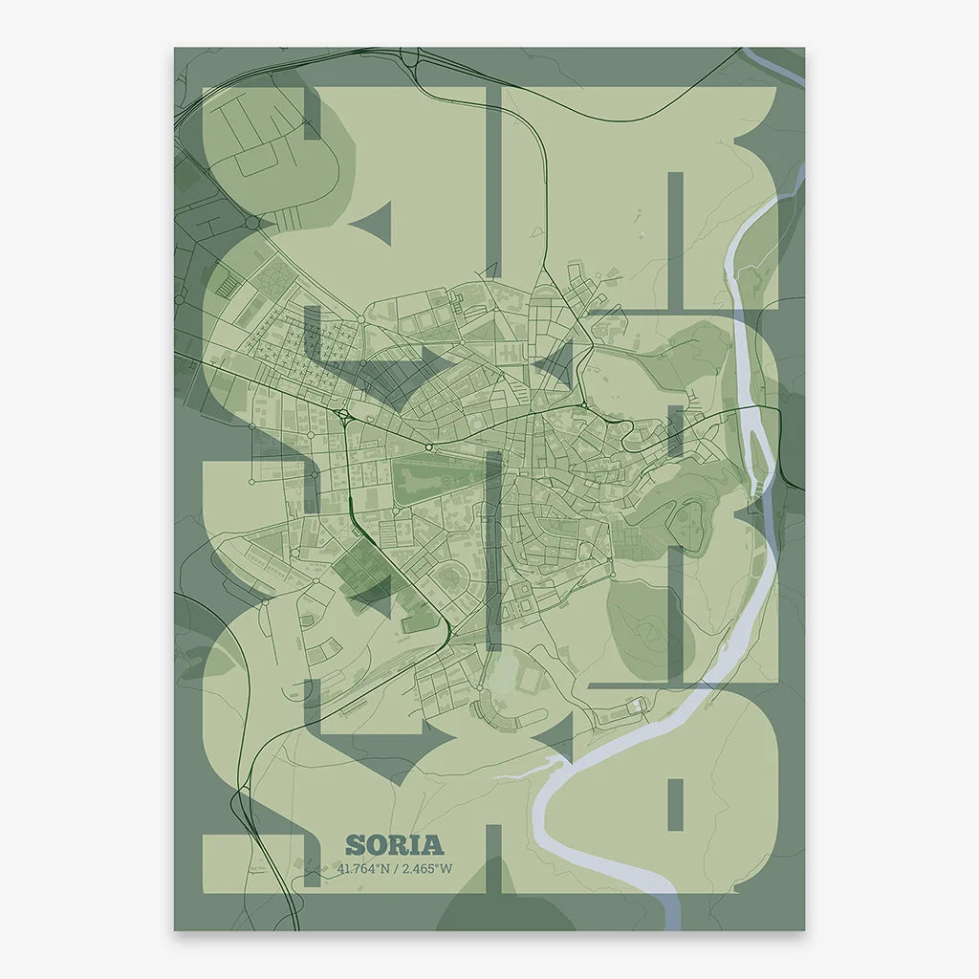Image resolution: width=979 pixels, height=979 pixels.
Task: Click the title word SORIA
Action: tap(394, 845)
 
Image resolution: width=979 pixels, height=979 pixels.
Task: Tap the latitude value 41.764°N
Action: tap(364, 869)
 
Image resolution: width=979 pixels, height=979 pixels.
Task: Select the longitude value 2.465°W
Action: tap(426, 869)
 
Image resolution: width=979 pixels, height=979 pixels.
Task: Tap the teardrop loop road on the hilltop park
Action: tap(688, 522)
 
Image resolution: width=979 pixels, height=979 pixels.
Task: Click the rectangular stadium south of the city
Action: tap(531, 680)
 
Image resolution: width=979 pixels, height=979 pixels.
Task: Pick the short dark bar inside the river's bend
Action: tap(675, 803)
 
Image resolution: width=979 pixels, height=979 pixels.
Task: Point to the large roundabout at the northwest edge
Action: tap(252, 222)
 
